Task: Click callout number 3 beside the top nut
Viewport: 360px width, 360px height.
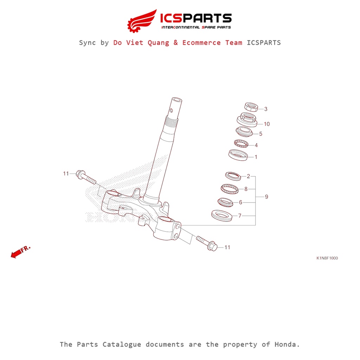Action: (266, 109)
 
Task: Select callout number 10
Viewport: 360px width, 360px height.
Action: (266, 124)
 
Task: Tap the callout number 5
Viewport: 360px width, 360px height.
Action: (261, 134)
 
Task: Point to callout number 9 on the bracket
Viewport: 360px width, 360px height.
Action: (266, 197)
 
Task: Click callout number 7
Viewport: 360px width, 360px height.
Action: (240, 216)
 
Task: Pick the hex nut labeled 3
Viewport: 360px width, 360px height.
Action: (251, 107)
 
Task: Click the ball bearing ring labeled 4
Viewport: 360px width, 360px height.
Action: (241, 143)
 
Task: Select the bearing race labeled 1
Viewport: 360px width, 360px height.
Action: (238, 155)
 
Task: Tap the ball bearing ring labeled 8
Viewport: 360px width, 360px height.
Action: (230, 189)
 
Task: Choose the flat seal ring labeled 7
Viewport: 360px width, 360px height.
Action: (221, 216)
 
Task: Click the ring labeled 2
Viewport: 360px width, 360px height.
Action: (233, 176)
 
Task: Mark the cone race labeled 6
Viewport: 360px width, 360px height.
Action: (225, 202)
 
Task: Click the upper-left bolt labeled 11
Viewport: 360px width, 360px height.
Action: (86, 178)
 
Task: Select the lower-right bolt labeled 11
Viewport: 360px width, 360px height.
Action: (207, 243)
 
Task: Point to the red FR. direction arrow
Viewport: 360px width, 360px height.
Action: (21, 252)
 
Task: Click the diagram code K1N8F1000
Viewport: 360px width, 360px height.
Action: (327, 258)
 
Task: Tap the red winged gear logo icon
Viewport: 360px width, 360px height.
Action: (142, 21)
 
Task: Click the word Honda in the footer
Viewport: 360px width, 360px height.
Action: (287, 345)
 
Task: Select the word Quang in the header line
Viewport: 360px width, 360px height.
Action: (158, 43)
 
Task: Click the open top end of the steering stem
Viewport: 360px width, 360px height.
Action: (176, 100)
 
